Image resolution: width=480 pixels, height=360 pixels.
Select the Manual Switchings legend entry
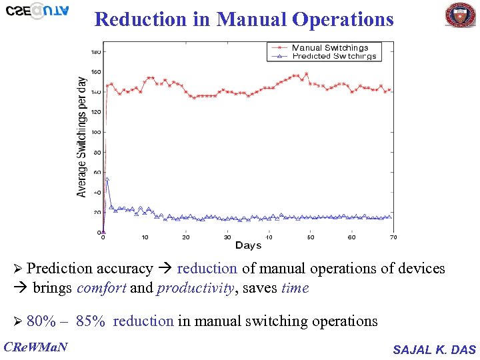pos(329,48)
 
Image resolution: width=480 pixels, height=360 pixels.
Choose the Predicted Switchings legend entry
pos(333,57)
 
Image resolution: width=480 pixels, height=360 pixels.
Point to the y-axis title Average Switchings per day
pos(82,136)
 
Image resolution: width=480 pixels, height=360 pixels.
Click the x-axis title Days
pos(248,246)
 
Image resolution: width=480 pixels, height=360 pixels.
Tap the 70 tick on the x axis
pos(393,237)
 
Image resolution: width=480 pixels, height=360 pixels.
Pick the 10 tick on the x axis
pos(145,237)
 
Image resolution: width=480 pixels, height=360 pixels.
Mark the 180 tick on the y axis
pos(95,52)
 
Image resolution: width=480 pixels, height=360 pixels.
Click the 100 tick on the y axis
pos(95,132)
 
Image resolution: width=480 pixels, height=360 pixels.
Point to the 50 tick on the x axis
pos(311,237)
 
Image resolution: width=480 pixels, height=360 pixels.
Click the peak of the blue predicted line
pos(107,179)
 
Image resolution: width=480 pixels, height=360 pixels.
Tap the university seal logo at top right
pos(460,15)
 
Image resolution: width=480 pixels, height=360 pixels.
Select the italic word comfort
pos(101,288)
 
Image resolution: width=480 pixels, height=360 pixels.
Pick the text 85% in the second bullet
pos(91,321)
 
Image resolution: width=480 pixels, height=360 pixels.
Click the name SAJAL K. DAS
pos(434,349)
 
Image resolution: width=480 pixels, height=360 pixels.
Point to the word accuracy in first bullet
pos(125,269)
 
